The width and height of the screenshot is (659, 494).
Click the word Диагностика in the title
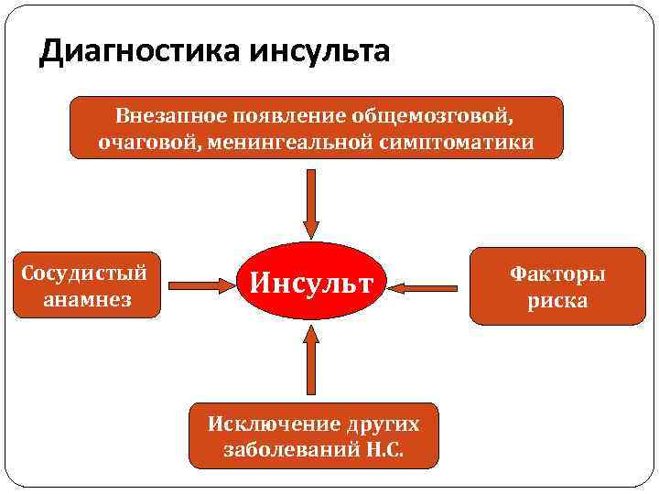pyautogui.click(x=137, y=52)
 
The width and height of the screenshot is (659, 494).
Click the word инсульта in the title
pyautogui.click(x=317, y=52)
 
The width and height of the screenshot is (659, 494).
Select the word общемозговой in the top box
pyautogui.click(x=436, y=116)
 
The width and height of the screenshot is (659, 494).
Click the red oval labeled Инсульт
pyautogui.click(x=312, y=283)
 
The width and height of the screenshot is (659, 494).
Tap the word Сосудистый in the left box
pyautogui.click(x=84, y=274)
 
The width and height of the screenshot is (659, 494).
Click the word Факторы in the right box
pyautogui.click(x=557, y=274)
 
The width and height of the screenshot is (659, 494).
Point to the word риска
pyautogui.click(x=556, y=300)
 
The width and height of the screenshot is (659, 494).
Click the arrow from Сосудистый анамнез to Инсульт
pyautogui.click(x=197, y=285)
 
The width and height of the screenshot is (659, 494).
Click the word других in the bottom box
pyautogui.click(x=383, y=424)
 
